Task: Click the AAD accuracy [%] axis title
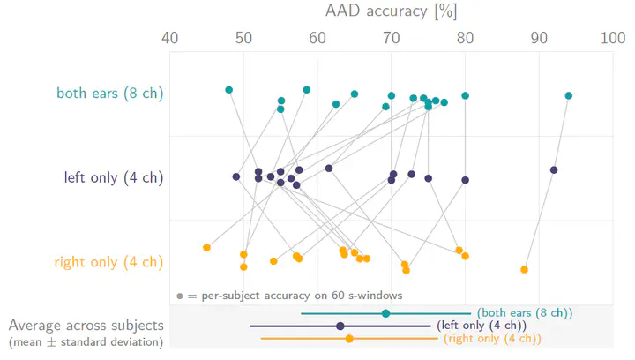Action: (391, 11)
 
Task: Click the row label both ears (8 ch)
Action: (110, 93)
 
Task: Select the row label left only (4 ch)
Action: (115, 177)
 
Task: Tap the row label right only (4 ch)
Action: (109, 262)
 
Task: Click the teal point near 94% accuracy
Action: (569, 95)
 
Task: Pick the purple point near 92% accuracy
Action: (554, 169)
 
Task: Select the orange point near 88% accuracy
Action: (525, 269)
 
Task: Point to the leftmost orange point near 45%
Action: (206, 247)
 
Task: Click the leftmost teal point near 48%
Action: (229, 90)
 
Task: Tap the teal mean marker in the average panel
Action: (385, 313)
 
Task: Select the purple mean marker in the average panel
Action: (340, 326)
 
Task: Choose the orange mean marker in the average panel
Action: (349, 339)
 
